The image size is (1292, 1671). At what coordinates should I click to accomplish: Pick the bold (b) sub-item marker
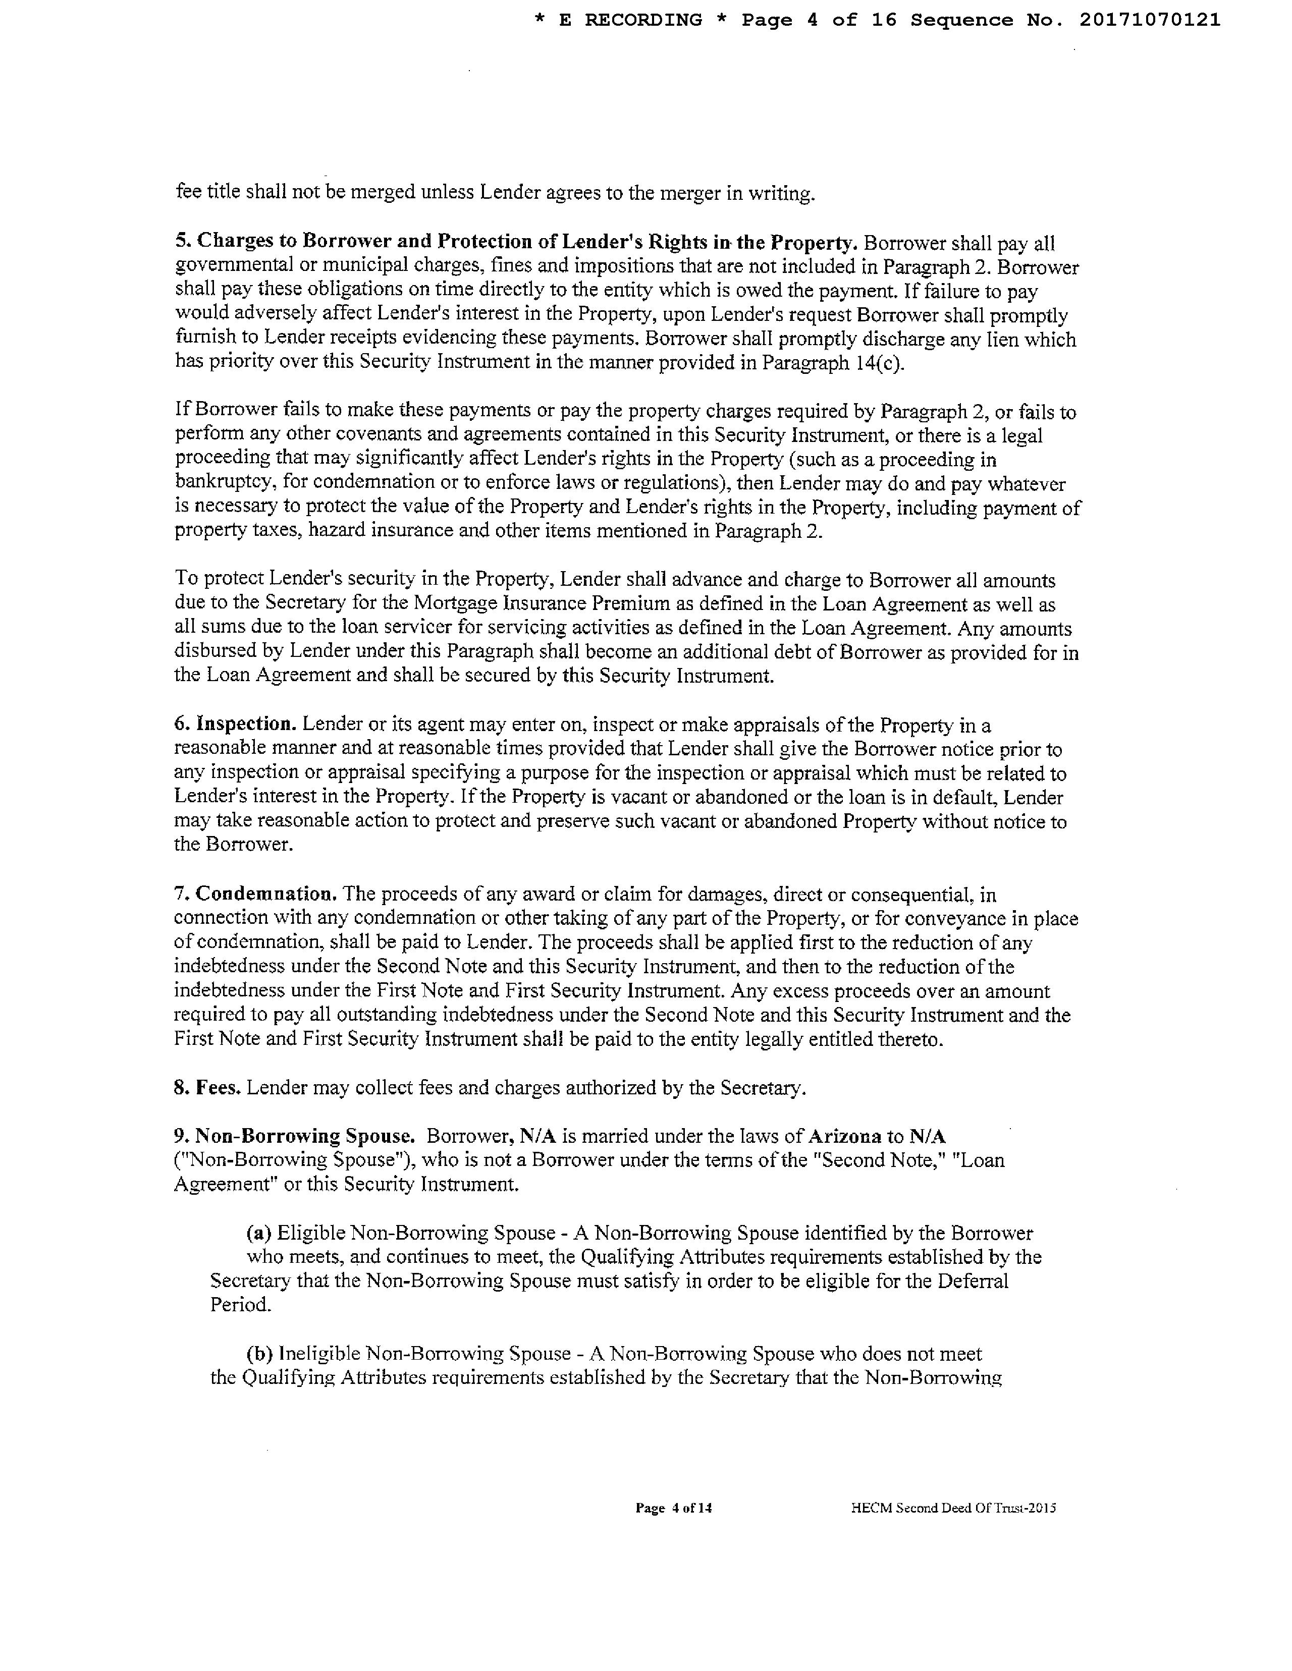[x=259, y=1354]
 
